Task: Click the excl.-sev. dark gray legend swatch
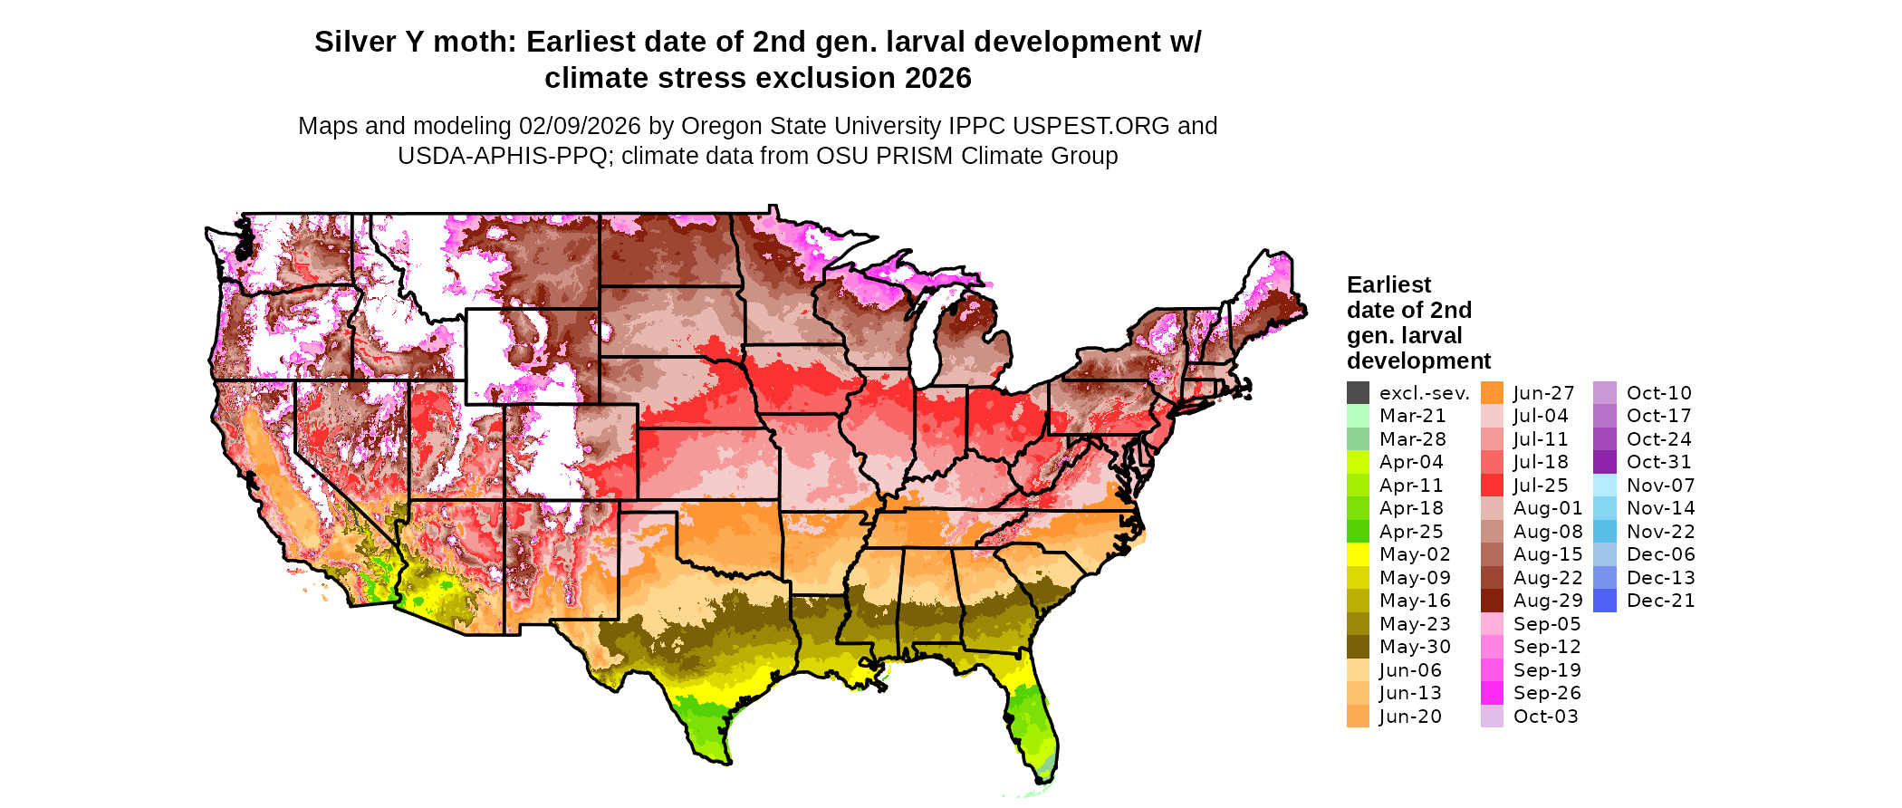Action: [1358, 393]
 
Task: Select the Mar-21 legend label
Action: [1412, 416]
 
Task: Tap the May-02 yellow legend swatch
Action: [1358, 554]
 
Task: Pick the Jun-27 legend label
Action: [1543, 393]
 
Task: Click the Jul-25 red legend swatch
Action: [1492, 486]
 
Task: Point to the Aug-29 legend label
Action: [1548, 601]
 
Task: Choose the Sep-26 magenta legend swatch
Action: [1492, 693]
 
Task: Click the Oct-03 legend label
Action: [1545, 717]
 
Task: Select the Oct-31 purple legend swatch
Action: [1604, 462]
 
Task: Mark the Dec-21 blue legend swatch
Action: [1604, 601]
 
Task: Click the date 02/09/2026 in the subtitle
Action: [580, 126]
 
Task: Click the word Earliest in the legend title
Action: [1388, 285]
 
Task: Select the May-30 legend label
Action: [1415, 647]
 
